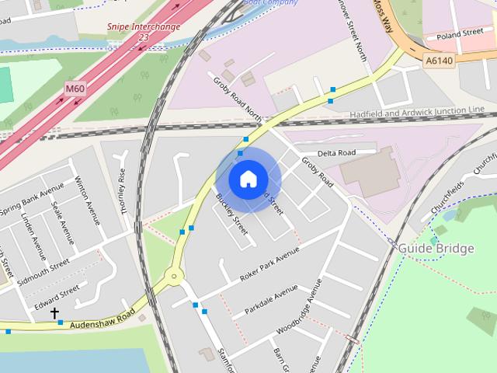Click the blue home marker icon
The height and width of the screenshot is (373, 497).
pos(248,180)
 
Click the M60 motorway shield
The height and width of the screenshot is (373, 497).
pos(75,89)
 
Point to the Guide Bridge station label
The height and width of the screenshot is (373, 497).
pos(436,249)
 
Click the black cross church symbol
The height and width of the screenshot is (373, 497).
pos(55,313)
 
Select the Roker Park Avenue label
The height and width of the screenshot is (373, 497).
pos(269,265)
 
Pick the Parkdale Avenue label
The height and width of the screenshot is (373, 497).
pos(271,299)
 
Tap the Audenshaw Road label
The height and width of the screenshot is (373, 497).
pos(102,319)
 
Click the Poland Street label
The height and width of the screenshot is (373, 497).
pos(460,34)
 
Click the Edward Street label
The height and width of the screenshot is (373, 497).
pos(56,292)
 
